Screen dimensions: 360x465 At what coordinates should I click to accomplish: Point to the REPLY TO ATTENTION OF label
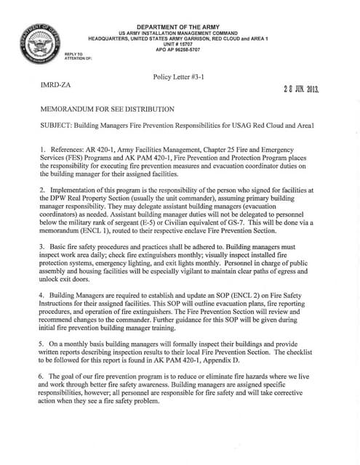coord(75,55)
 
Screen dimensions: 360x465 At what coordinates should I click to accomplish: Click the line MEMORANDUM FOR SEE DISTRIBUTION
coord(108,109)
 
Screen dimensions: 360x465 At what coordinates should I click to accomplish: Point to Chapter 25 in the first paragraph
coord(222,150)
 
